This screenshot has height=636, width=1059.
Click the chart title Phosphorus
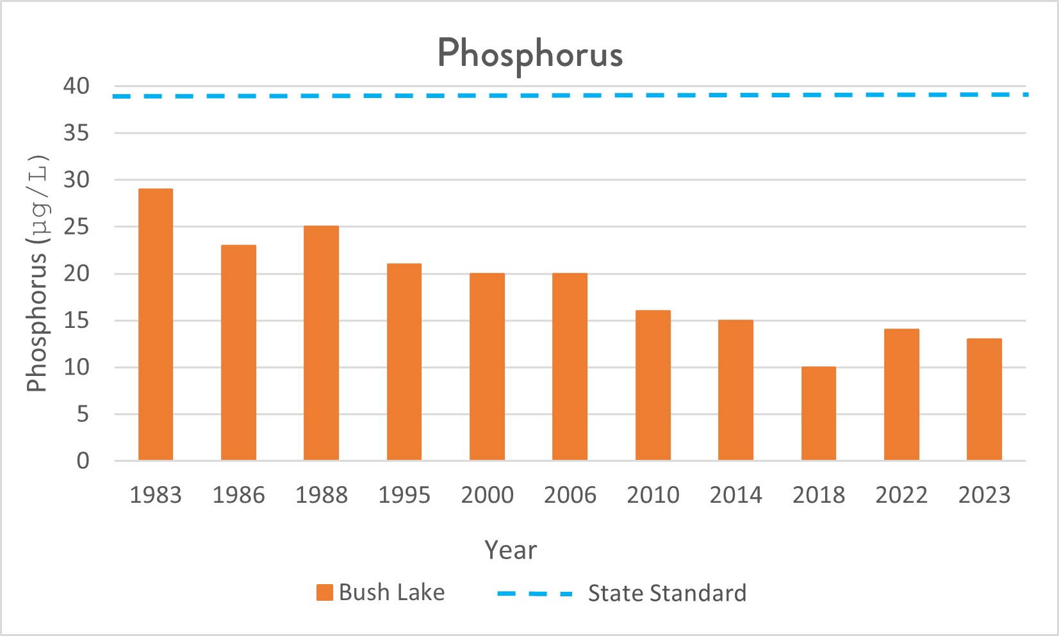[x=530, y=53]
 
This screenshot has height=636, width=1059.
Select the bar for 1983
[x=156, y=325]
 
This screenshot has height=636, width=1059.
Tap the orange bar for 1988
[x=321, y=343]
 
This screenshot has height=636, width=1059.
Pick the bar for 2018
[x=818, y=414]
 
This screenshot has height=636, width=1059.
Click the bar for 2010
[x=653, y=386]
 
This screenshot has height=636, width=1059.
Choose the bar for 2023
[x=984, y=400]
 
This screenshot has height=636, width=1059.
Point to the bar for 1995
[x=404, y=362]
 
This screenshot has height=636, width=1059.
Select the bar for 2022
[x=901, y=395]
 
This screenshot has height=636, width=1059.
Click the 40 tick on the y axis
[x=76, y=86]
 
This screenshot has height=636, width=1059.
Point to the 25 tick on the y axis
[x=76, y=227]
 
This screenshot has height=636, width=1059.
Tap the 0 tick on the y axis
[x=83, y=461]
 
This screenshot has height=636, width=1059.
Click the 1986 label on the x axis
[x=238, y=495]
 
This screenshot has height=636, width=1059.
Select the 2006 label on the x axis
[x=570, y=495]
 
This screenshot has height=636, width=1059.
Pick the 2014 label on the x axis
[x=735, y=495]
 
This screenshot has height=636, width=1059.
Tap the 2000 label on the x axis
[x=487, y=495]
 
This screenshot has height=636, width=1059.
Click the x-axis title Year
[x=511, y=550]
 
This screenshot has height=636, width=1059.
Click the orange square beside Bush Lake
[x=325, y=592]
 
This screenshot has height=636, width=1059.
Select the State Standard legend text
[x=667, y=593]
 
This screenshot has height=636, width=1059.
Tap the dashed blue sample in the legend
[x=534, y=594]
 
